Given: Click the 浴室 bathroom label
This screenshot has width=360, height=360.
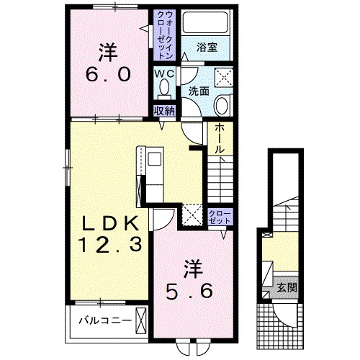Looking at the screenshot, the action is [x=207, y=48].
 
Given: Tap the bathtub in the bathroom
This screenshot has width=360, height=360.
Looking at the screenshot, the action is [x=205, y=22].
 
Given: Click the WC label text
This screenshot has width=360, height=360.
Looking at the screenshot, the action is [x=164, y=74].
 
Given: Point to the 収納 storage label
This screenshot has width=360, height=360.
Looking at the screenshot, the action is [x=164, y=111].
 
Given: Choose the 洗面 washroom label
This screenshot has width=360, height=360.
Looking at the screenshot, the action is [x=199, y=91].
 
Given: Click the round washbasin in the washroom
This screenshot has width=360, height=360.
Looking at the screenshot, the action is [x=222, y=105].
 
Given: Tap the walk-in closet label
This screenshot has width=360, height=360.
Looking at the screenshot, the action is [x=165, y=35].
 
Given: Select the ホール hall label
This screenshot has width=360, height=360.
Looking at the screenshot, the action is [x=220, y=139].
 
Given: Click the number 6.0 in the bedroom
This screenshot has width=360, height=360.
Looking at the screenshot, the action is [x=109, y=74].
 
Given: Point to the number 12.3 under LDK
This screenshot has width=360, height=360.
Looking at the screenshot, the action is [x=111, y=244].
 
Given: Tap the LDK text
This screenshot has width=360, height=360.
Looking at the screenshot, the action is [x=111, y=223].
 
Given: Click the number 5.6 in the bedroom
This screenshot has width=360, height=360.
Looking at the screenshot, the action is [x=189, y=291].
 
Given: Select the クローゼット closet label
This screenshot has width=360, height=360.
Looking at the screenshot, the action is [x=220, y=217].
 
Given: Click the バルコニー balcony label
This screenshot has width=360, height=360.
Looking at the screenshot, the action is [x=106, y=320].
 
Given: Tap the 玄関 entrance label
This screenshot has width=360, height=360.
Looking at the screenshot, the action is [x=287, y=287].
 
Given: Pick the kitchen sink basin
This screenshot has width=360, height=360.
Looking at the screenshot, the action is [x=155, y=159].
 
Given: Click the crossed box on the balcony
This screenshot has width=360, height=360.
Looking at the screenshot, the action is [x=141, y=320].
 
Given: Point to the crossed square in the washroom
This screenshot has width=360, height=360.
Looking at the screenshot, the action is [x=224, y=77].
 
